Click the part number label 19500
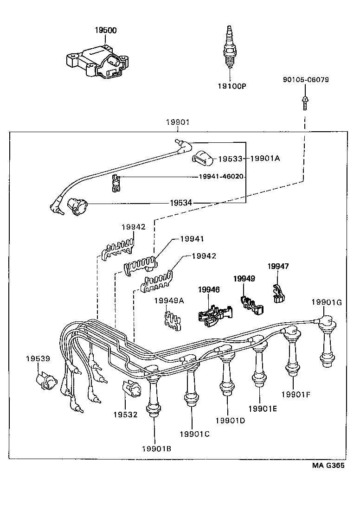[x=106, y=30]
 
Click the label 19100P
[x=231, y=86]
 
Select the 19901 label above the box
[x=177, y=122]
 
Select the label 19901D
[x=230, y=420]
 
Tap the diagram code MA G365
[x=328, y=466]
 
